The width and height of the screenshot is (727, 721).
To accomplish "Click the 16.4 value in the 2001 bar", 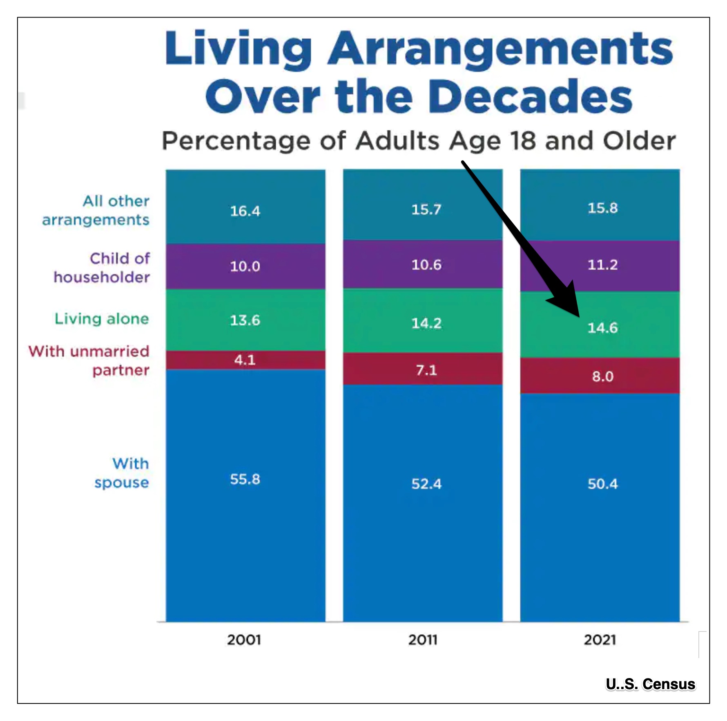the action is point(245,211).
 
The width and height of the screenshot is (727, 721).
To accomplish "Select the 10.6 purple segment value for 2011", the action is point(426,265).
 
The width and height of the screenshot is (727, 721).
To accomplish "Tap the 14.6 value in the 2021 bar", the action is point(602,328).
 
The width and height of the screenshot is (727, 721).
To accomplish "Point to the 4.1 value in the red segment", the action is point(245,360).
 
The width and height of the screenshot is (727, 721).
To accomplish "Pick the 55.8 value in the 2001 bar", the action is point(245,479).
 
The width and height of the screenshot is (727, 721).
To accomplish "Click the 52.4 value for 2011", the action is point(426,484).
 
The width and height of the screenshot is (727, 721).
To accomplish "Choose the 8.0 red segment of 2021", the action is point(602,376).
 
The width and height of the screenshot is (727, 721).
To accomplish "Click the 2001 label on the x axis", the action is point(244,640).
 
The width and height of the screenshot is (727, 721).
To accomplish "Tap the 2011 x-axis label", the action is point(423,640).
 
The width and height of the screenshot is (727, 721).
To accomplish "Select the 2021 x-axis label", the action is point(600,640).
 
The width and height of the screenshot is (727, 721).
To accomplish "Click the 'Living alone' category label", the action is point(102,319).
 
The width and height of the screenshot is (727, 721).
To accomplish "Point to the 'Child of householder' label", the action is point(102,268).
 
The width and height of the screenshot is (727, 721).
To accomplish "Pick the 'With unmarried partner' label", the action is point(89,360).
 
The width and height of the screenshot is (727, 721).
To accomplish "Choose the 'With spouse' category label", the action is point(122,473).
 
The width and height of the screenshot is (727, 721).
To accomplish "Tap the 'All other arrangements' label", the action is point(96,210).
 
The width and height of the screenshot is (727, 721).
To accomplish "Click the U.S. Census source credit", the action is point(650,684).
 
